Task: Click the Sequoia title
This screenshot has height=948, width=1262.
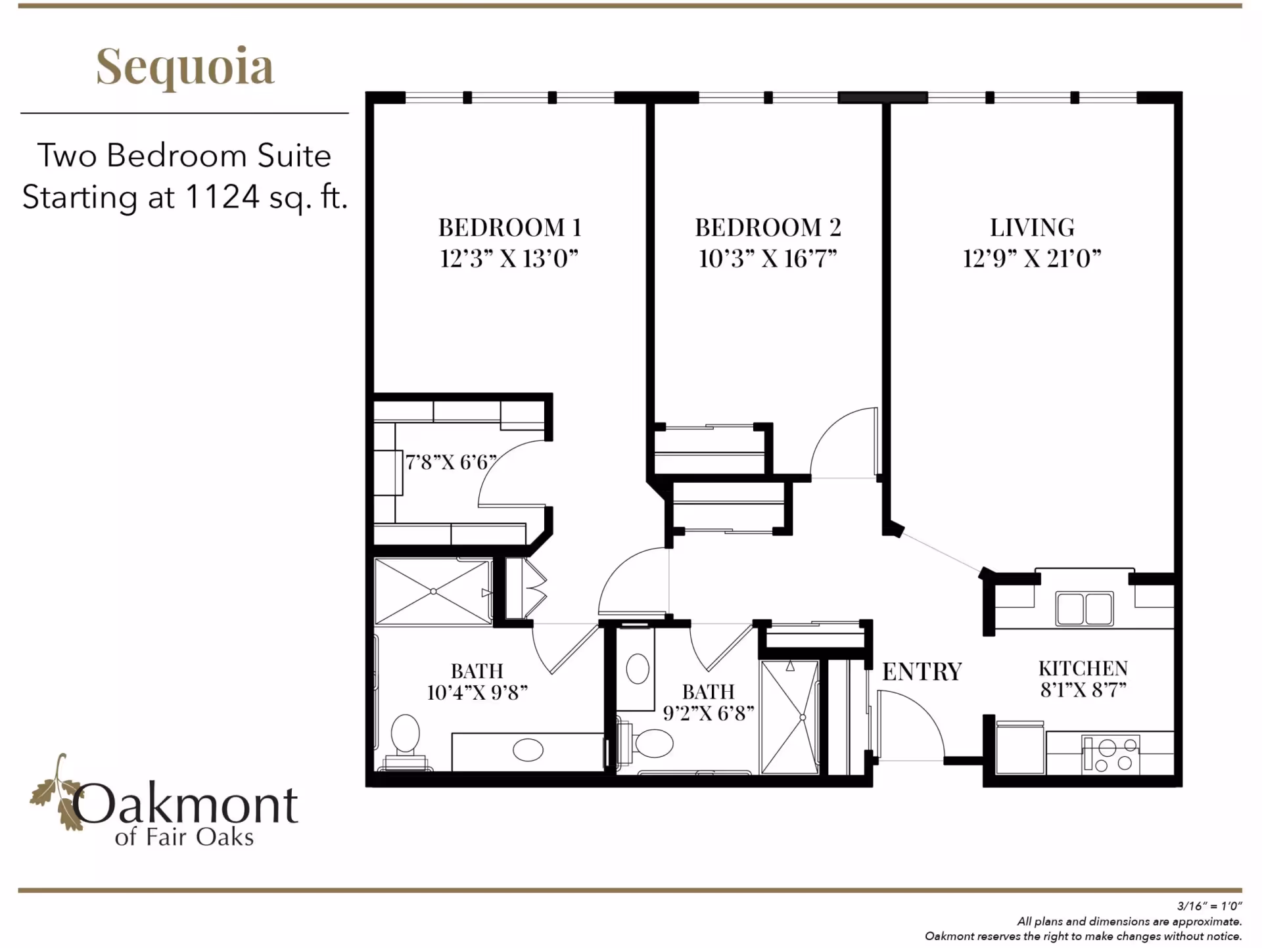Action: tap(185, 66)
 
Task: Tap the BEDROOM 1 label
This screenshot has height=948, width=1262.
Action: tap(509, 227)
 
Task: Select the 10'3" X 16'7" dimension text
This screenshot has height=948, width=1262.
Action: tap(767, 258)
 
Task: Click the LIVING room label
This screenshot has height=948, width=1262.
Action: tap(1032, 227)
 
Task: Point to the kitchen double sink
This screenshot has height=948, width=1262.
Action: tap(1084, 608)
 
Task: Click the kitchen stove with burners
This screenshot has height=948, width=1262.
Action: tap(1111, 754)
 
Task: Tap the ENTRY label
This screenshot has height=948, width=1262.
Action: tap(922, 671)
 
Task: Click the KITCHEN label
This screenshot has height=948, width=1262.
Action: tap(1083, 668)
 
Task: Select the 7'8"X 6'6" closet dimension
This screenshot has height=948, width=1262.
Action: tap(450, 462)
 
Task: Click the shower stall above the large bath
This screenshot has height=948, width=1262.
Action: tap(433, 591)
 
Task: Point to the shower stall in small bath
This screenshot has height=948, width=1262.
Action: tap(789, 717)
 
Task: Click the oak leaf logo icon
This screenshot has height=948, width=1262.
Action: tap(55, 792)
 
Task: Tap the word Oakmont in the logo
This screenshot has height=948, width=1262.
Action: tap(185, 805)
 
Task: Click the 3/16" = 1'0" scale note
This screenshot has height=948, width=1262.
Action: tap(1209, 906)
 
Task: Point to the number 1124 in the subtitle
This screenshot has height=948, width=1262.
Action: tap(222, 196)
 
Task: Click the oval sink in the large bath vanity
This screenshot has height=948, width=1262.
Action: tap(528, 750)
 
